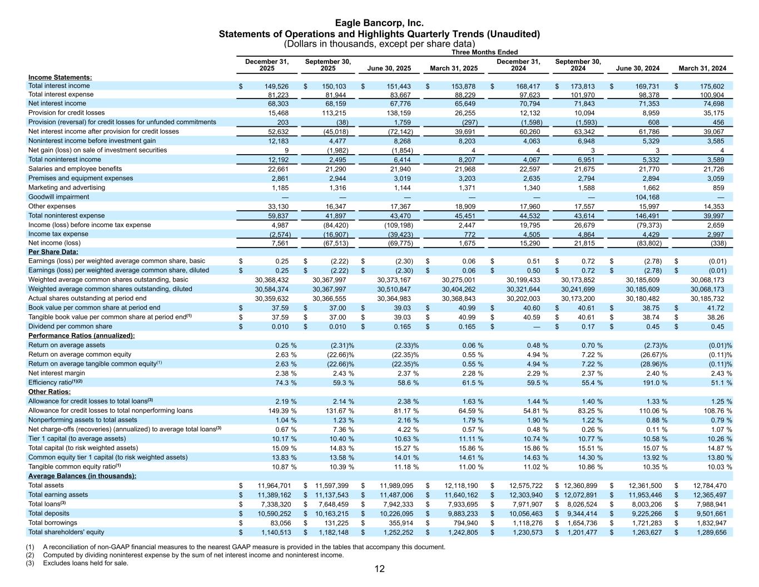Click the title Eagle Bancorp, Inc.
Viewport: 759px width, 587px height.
[379, 23]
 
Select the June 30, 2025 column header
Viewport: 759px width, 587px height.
[389, 68]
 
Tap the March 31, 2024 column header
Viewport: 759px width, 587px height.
[702, 68]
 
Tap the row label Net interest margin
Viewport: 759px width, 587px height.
[57, 373]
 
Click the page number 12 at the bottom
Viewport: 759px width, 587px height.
[379, 569]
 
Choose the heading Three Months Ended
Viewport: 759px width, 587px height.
[484, 52]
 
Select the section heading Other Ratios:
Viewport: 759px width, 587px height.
[49, 392]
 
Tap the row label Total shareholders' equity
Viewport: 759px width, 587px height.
[66, 532]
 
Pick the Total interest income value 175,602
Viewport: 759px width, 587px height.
[712, 86]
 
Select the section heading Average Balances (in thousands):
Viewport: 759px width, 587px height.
[82, 476]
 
